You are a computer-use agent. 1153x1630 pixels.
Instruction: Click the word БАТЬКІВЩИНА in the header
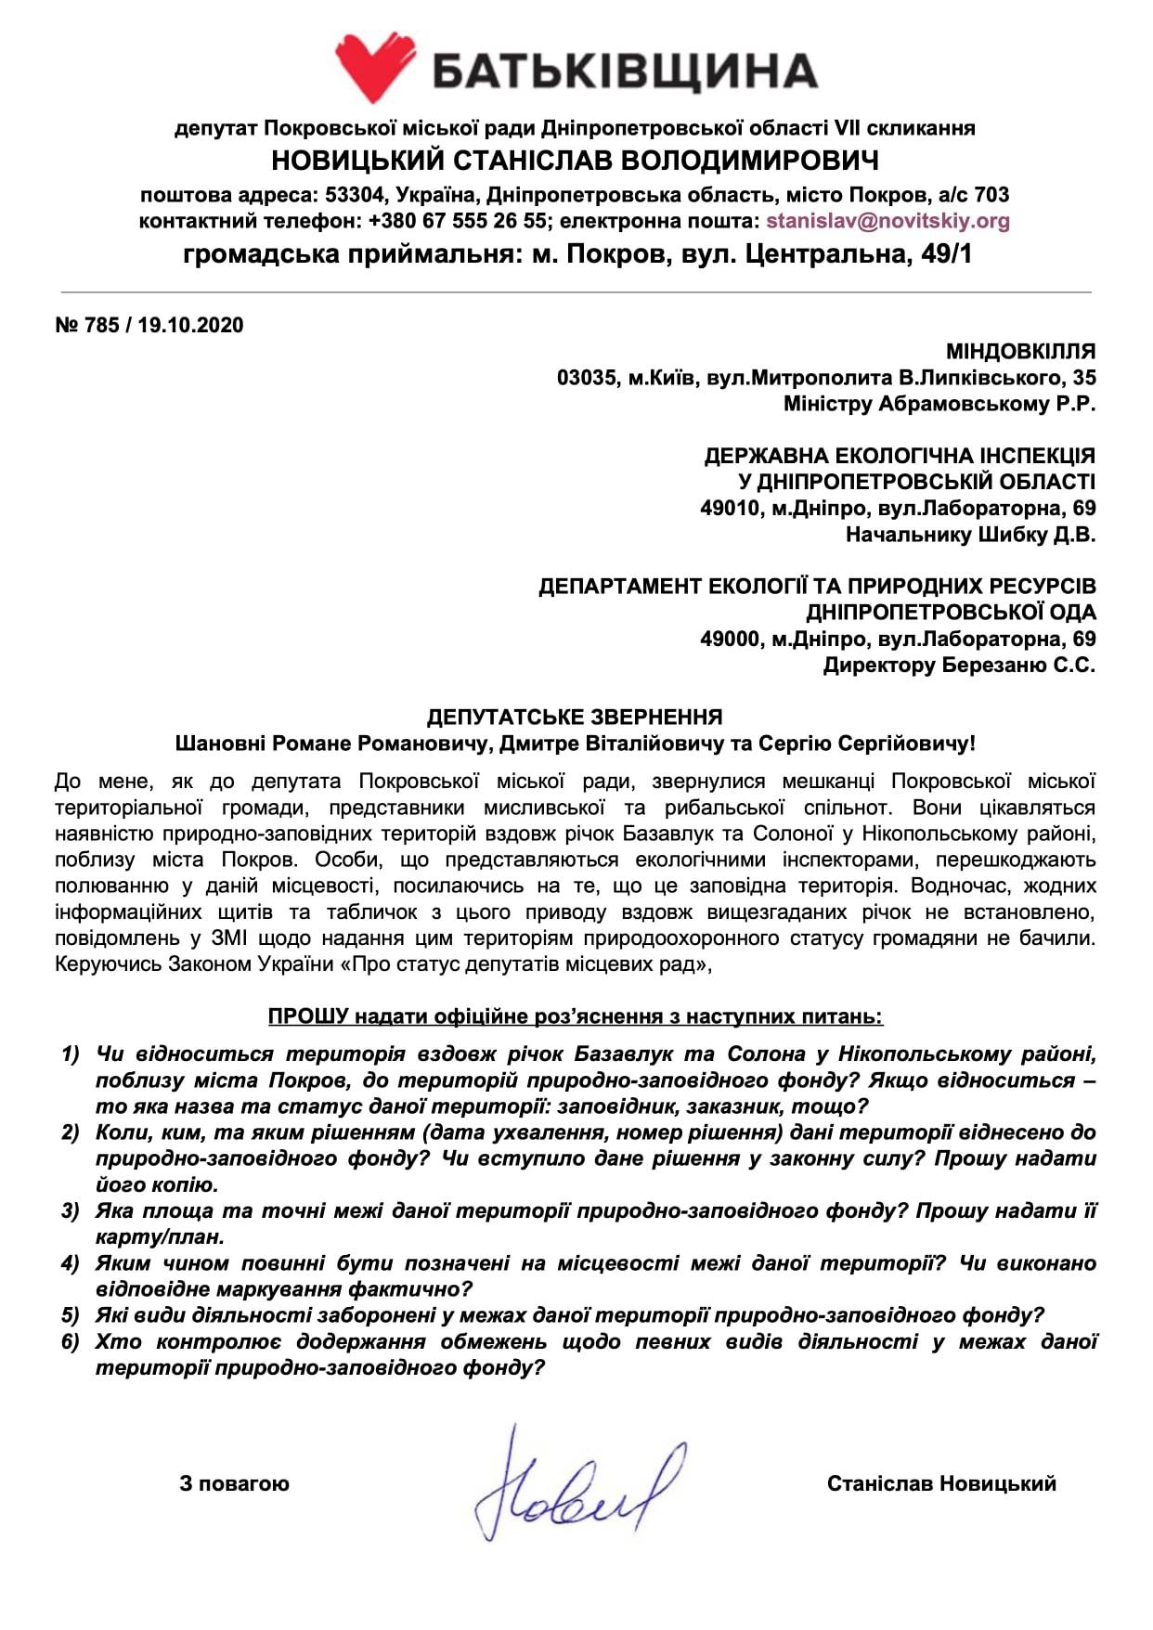[x=624, y=71]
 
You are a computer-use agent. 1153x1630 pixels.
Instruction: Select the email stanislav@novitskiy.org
[x=887, y=222]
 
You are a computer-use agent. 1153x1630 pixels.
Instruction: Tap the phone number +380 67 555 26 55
[x=457, y=222]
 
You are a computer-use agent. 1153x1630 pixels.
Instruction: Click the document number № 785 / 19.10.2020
[x=149, y=325]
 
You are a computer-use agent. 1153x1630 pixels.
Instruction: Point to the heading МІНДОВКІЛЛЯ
[x=1020, y=352]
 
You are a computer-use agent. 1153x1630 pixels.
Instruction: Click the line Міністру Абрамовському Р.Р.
[x=939, y=404]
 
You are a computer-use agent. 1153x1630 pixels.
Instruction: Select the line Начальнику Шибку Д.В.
[x=970, y=535]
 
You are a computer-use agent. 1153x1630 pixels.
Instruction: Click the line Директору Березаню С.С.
[x=958, y=666]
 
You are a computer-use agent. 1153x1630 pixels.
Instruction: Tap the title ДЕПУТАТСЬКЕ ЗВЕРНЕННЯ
[x=575, y=717]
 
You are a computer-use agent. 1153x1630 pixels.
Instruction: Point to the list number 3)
[x=71, y=1211]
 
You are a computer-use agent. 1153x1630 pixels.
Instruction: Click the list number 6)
[x=71, y=1342]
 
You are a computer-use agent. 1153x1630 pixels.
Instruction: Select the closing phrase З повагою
[x=234, y=1484]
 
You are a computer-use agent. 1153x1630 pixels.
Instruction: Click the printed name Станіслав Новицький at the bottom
[x=941, y=1484]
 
